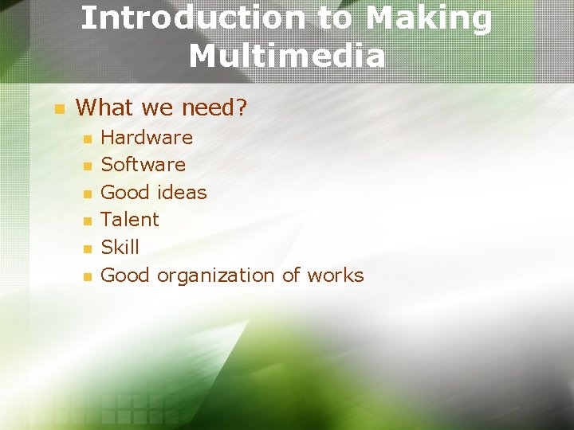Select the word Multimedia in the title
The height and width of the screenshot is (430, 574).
tap(287, 56)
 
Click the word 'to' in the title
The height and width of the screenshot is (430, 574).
tap(336, 18)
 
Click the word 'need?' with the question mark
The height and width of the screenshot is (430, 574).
tap(214, 107)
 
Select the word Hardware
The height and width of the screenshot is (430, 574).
tap(147, 138)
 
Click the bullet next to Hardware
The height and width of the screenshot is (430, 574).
tap(88, 139)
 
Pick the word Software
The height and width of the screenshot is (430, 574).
tap(143, 165)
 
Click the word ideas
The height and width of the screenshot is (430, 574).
tap(181, 193)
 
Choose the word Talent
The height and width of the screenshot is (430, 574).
tap(130, 220)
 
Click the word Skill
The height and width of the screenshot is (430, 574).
tap(120, 248)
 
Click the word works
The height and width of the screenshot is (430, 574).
tap(335, 276)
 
